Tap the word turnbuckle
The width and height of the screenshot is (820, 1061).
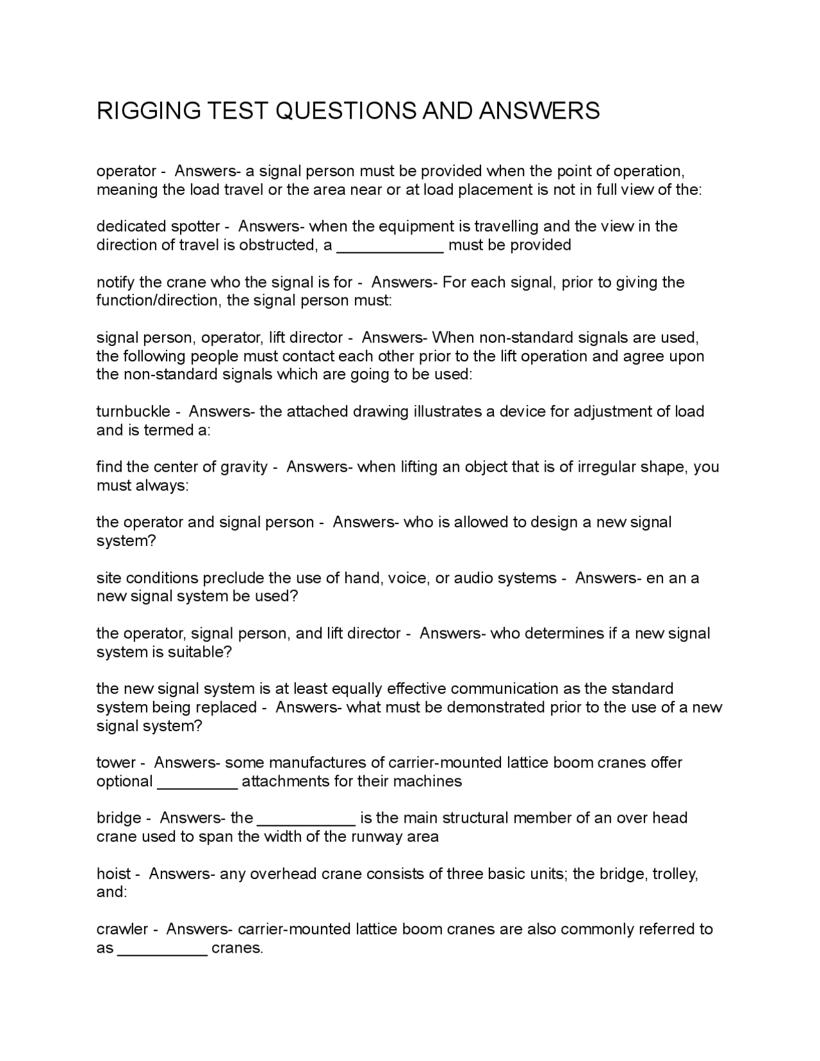pos(133,411)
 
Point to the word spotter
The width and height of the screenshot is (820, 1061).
pos(195,226)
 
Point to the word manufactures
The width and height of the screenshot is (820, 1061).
pos(313,762)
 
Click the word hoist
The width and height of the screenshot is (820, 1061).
pos(113,874)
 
